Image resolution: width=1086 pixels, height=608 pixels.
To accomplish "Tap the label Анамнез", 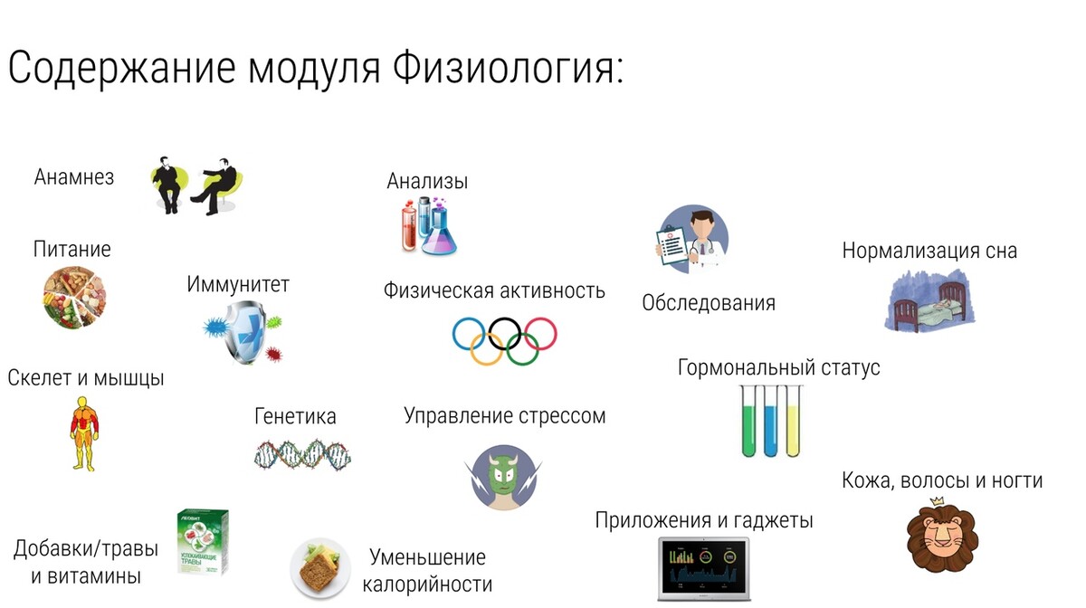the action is pyautogui.click(x=73, y=177).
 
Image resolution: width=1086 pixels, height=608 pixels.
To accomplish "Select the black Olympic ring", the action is pyautogui.click(x=504, y=334).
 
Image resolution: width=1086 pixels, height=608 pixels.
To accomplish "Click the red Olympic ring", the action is pyautogui.click(x=540, y=334).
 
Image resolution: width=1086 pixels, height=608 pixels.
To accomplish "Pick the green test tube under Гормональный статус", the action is pyautogui.click(x=748, y=422).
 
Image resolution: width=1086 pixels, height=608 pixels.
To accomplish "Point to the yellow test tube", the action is pyautogui.click(x=793, y=422).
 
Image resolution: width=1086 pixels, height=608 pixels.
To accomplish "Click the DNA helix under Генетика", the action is pyautogui.click(x=302, y=455).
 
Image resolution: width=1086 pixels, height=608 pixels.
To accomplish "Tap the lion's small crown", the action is pyautogui.click(x=937, y=501).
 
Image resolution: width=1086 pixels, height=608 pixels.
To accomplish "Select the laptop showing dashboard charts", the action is pyautogui.click(x=704, y=569).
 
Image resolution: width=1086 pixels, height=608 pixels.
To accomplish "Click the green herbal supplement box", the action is pyautogui.click(x=203, y=542).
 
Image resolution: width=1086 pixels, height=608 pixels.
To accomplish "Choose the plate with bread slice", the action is pyautogui.click(x=320, y=568).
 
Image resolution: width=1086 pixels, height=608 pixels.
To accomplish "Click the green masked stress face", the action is pyautogui.click(x=503, y=478).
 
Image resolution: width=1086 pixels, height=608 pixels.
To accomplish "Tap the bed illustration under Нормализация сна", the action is pyautogui.click(x=930, y=301).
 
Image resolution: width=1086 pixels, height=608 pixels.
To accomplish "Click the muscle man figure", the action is pyautogui.click(x=84, y=434).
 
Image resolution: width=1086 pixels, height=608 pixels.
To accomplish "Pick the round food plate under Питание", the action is pyautogui.click(x=74, y=297).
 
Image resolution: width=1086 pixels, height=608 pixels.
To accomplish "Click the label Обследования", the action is pyautogui.click(x=709, y=303).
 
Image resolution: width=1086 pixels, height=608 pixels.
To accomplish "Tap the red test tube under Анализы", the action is pyautogui.click(x=410, y=227).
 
